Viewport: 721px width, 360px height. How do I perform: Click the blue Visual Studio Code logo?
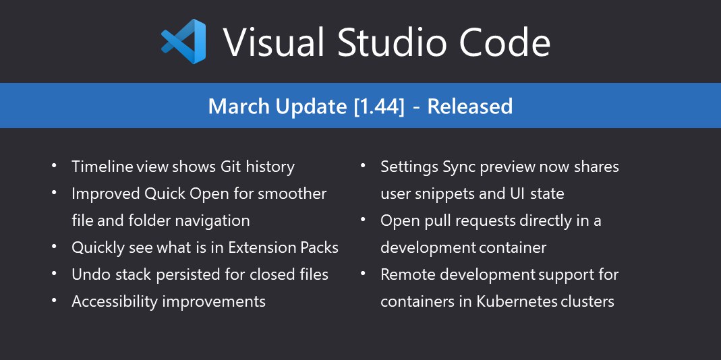click(183, 41)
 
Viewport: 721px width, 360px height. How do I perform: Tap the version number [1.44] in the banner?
click(380, 107)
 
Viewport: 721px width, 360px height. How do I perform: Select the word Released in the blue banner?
click(470, 107)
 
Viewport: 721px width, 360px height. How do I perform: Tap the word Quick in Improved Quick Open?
click(165, 193)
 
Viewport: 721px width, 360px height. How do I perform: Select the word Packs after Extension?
click(319, 247)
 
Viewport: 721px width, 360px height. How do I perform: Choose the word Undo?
click(88, 274)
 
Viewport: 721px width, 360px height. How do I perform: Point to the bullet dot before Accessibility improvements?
click(54, 300)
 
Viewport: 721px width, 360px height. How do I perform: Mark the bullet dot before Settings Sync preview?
click(364, 164)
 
